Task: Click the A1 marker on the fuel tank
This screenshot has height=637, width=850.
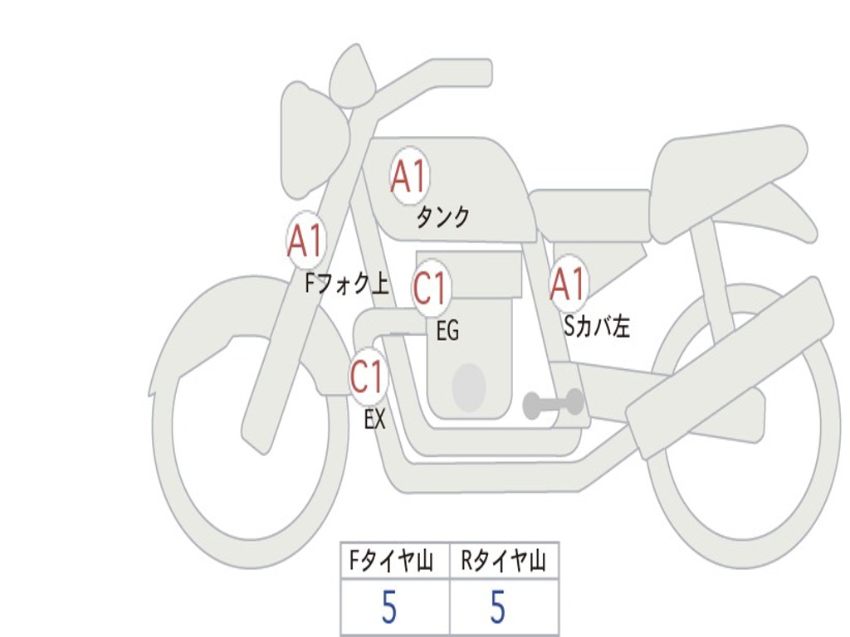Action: pyautogui.click(x=410, y=176)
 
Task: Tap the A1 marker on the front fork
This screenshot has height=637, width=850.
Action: pyautogui.click(x=306, y=240)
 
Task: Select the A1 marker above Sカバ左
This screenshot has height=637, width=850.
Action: pyautogui.click(x=568, y=284)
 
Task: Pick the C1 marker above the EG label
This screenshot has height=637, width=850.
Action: pyautogui.click(x=431, y=288)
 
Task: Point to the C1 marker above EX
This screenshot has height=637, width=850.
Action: pyautogui.click(x=368, y=376)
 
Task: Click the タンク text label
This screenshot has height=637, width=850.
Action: pyautogui.click(x=443, y=217)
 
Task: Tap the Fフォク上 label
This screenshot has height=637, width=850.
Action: pyautogui.click(x=347, y=284)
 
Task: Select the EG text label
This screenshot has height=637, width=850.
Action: pyautogui.click(x=447, y=330)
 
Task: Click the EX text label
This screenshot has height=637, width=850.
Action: pyautogui.click(x=374, y=419)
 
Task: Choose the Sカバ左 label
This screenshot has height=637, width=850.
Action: pyautogui.click(x=597, y=327)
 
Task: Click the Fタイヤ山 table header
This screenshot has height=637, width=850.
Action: pyautogui.click(x=391, y=562)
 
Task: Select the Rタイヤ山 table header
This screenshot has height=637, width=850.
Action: pyautogui.click(x=504, y=562)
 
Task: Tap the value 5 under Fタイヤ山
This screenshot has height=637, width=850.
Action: pyautogui.click(x=389, y=607)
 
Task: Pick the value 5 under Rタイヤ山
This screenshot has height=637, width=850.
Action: pyautogui.click(x=498, y=607)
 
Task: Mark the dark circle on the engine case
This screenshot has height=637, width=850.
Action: pyautogui.click(x=469, y=387)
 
